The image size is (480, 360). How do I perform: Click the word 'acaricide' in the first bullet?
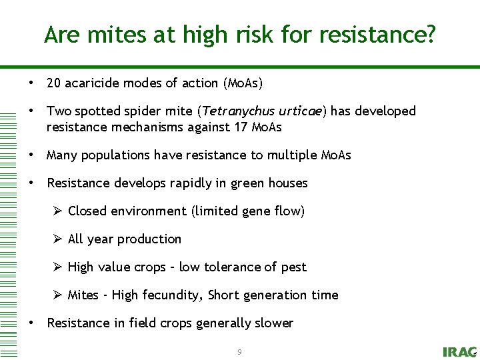[94, 83]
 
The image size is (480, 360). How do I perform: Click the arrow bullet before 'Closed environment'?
[58, 211]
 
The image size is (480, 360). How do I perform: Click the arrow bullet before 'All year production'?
[58, 239]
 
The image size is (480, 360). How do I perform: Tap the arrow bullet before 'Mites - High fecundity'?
[58, 295]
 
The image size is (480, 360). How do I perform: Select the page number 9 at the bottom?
[239, 351]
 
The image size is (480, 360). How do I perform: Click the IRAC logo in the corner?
[459, 351]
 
